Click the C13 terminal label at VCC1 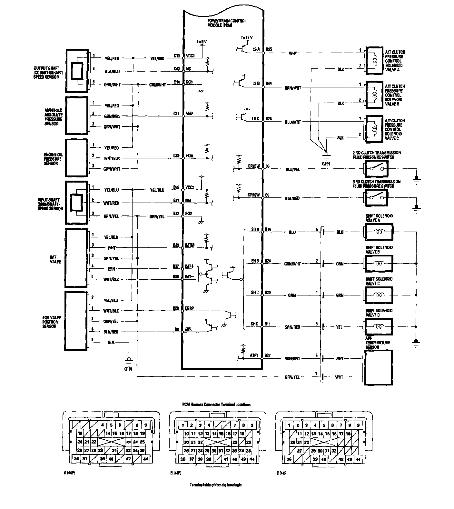pos(176,55)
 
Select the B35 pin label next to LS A pos(268,49)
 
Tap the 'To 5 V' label pos(202,42)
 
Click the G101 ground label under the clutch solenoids pos(326,164)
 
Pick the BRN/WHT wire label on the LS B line pos(293,88)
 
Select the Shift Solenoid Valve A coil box pos(379,232)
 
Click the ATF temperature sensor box pos(378,367)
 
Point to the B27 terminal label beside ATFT pos(268,355)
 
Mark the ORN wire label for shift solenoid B pos(340,264)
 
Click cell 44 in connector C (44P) pos(358,459)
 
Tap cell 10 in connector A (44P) pos(80,434)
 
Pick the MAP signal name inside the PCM pos(189,114)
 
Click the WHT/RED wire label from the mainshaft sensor pos(111,203)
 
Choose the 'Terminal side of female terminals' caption pos(215,485)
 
